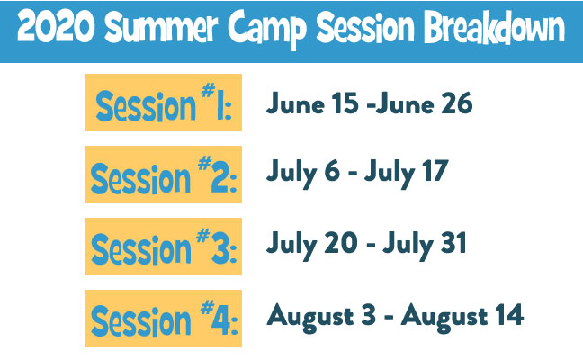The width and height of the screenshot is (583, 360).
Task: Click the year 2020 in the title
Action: [x=56, y=27]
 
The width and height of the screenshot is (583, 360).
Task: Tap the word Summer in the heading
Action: [x=161, y=27]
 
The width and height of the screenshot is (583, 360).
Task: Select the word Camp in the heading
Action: [x=267, y=29]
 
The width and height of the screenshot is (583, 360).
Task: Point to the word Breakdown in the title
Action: [x=495, y=27]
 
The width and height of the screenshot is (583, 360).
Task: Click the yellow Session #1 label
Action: [x=163, y=103]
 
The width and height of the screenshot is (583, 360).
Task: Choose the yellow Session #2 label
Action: [x=163, y=175]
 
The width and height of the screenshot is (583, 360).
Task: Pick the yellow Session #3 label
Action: [x=163, y=247]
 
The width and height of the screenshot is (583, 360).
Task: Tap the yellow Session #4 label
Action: [x=163, y=319]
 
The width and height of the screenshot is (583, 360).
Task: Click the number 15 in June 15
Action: [x=345, y=103]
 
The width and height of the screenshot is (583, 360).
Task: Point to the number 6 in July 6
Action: [x=332, y=171]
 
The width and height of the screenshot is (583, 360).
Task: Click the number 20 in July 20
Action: [x=341, y=243]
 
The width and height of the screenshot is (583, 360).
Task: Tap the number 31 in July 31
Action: [x=453, y=243]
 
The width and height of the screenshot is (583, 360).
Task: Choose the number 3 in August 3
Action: [x=369, y=315]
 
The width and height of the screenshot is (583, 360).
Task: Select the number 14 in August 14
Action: [x=510, y=315]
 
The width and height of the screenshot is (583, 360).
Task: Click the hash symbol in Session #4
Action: [x=208, y=307]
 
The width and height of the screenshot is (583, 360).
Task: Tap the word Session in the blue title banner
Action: [x=365, y=27]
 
